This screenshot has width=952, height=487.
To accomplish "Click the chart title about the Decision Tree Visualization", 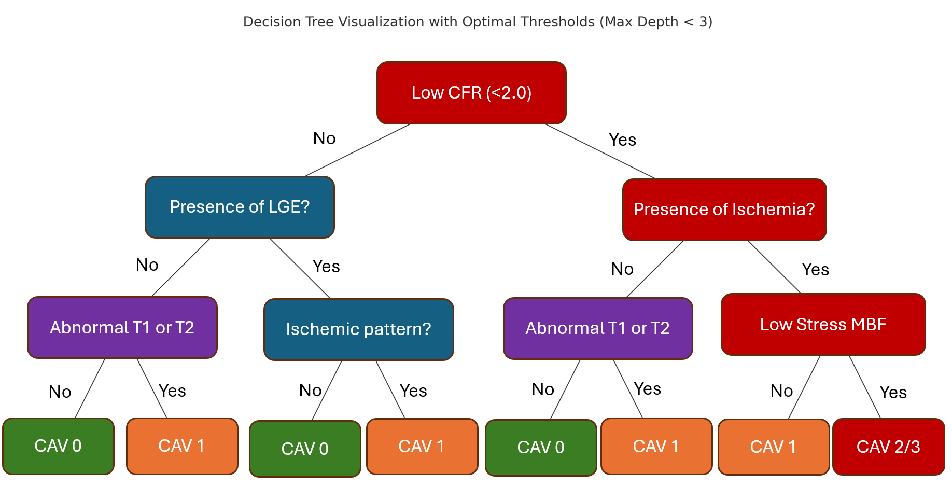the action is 478,22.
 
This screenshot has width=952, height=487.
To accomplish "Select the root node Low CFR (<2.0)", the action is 471,93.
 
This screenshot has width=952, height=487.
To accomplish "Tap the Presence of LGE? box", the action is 240,207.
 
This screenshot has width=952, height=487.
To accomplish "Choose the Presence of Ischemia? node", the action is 724,210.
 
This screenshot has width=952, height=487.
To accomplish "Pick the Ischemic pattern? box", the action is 359,329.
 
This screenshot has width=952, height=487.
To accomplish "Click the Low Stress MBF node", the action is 823,325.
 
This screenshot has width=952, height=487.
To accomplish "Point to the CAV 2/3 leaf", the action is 889,447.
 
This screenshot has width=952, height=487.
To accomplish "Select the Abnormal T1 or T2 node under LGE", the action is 122,327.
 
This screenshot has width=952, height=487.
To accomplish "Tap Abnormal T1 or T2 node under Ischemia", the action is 598,328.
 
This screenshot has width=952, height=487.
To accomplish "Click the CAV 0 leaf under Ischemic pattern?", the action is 305,449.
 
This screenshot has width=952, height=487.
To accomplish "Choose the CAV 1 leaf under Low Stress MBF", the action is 774,447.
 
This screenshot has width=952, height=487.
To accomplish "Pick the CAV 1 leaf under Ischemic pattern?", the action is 422,446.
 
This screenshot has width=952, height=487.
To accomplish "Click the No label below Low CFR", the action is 325,138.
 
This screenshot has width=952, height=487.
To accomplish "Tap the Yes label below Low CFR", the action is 623,140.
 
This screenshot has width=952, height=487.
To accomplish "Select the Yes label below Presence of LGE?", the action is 326,267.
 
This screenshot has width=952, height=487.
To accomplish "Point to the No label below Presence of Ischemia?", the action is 622,269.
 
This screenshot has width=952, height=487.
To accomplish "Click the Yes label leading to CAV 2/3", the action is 893,393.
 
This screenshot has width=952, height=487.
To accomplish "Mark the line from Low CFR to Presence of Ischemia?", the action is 600,151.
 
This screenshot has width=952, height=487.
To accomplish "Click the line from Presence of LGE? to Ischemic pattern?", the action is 300,268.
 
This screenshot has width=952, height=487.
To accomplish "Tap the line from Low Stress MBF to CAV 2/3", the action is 865,387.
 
